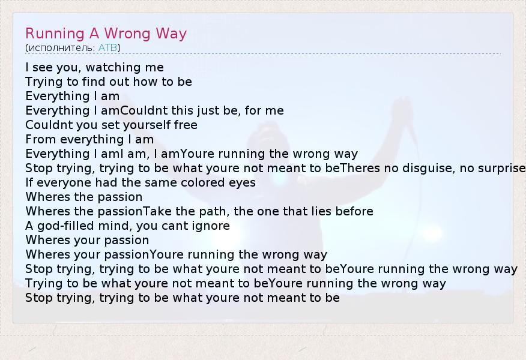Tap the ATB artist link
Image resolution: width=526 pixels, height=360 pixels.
(x=107, y=47)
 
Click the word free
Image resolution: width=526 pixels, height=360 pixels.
(x=186, y=125)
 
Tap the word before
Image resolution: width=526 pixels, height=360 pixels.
(x=354, y=212)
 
